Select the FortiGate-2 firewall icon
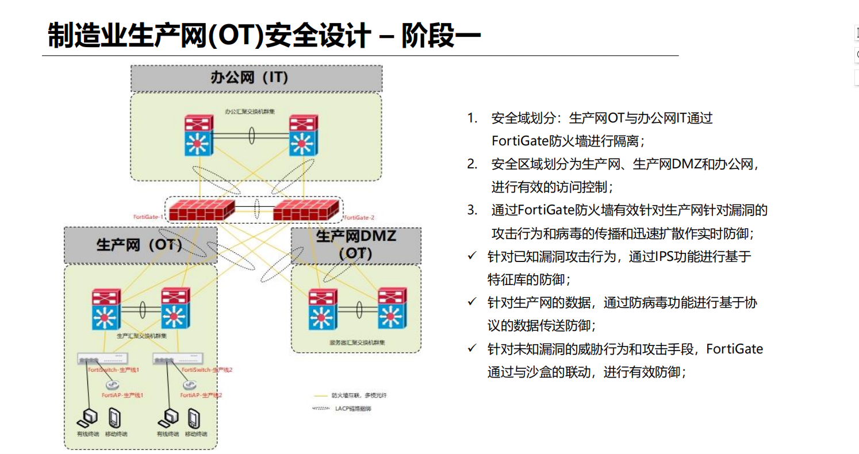pyautogui.click(x=306, y=210)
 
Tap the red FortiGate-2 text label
pyautogui.click(x=359, y=218)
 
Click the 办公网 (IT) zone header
pyautogui.click(x=256, y=78)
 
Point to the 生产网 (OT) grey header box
pyautogui.click(x=140, y=245)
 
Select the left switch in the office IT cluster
pyautogui.click(x=199, y=136)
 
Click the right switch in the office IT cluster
pyautogui.click(x=303, y=136)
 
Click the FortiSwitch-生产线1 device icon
pyautogui.click(x=103, y=360)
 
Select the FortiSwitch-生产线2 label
pyautogui.click(x=206, y=370)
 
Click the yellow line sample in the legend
pyautogui.click(x=320, y=396)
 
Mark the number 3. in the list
pyautogui.click(x=472, y=210)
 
